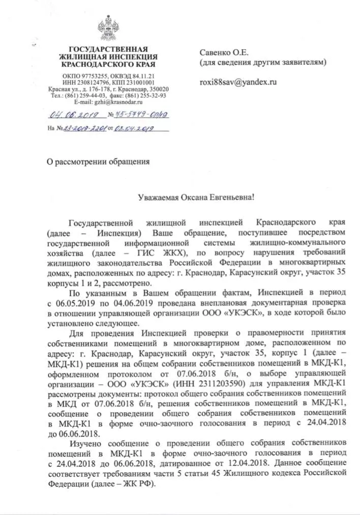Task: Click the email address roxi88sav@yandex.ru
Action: click(x=237, y=81)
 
